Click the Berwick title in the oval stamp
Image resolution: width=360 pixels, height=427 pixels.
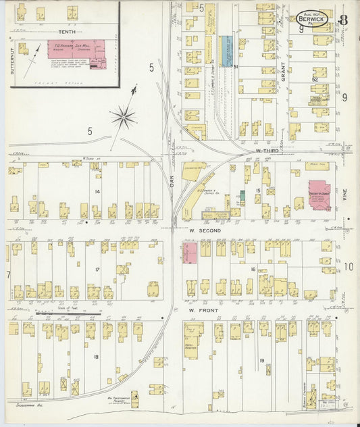tap(312, 19)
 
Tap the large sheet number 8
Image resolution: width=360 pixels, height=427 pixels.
tap(344, 18)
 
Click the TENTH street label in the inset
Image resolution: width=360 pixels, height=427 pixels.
tap(67, 32)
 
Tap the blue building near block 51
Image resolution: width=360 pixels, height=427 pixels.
tap(225, 51)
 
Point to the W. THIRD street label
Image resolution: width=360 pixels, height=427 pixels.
tap(267, 151)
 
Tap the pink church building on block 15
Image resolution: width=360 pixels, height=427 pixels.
tap(319, 195)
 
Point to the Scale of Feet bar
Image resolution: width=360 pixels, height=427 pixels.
tap(68, 313)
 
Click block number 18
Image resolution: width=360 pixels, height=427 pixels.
tap(95, 356)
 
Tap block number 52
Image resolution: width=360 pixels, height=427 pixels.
tap(315, 79)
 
